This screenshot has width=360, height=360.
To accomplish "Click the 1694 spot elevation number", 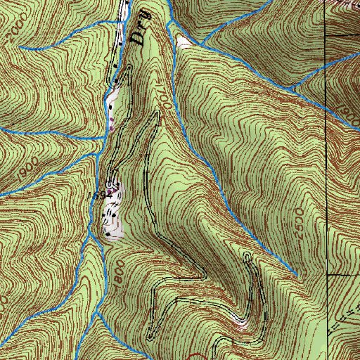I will pyautogui.click(x=98, y=193).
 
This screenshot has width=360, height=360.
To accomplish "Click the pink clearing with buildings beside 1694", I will pyautogui.click(x=112, y=211).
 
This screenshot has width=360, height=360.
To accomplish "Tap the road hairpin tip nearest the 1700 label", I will pyautogui.click(x=152, y=114).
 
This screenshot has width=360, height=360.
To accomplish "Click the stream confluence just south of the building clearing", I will pyautogui.click(x=89, y=239).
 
